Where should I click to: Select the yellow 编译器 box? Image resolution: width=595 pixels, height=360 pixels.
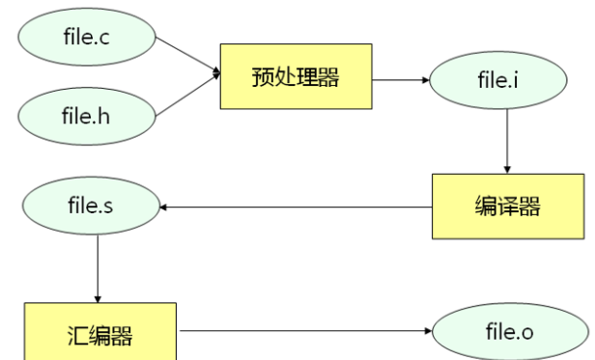click(508, 207)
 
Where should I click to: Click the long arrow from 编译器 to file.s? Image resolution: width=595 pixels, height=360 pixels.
click(295, 207)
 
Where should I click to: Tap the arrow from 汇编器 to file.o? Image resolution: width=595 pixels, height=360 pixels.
click(304, 334)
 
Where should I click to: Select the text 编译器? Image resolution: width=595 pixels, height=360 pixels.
click(508, 207)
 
